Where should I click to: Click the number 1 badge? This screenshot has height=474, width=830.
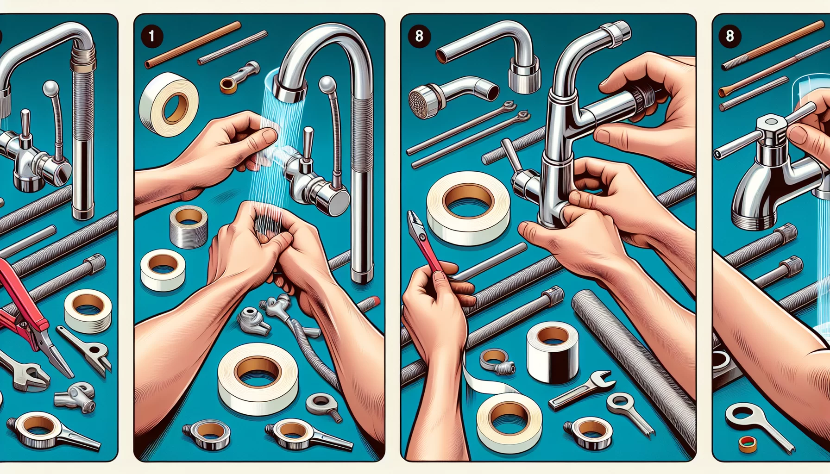(x=151, y=36)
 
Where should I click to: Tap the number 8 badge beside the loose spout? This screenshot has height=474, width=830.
(x=419, y=36)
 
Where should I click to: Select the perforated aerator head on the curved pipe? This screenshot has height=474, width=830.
(x=421, y=101)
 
